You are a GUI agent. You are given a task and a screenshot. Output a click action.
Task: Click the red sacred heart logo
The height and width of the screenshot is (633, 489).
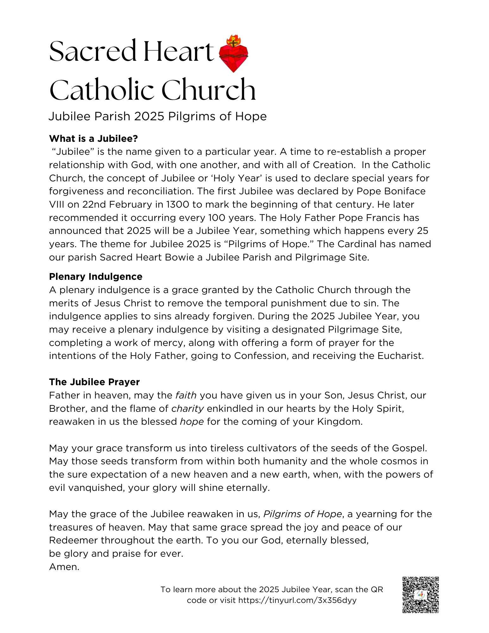[234, 57]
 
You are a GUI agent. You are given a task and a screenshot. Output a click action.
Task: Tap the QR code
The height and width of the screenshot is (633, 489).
[421, 595]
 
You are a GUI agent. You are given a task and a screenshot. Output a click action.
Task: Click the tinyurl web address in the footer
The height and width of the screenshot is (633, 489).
[297, 600]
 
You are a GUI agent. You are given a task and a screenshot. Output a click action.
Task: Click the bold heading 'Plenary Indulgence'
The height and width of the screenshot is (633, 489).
[96, 276]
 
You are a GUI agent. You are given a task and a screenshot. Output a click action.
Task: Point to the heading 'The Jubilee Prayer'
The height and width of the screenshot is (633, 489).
[94, 382]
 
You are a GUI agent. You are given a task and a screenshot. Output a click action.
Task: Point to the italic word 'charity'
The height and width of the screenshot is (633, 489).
[187, 409]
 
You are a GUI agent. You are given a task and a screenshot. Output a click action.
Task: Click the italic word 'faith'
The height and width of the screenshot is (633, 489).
[186, 395]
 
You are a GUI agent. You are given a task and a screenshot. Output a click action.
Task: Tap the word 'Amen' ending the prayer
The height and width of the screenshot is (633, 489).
[64, 567]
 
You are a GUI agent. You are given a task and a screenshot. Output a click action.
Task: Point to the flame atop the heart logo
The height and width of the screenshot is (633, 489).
[234, 40]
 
